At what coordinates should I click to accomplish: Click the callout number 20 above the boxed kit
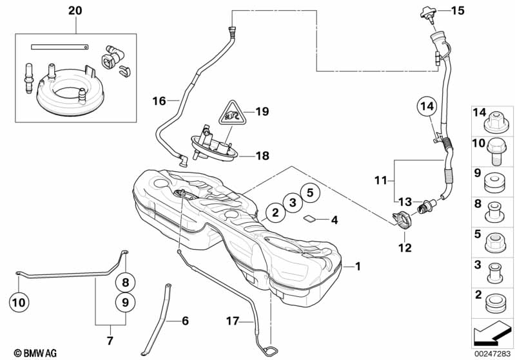[75, 10]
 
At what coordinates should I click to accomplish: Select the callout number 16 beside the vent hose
[159, 100]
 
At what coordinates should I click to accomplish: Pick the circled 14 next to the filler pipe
[427, 106]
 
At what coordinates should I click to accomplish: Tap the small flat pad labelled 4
[309, 218]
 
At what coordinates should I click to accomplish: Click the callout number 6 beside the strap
[185, 320]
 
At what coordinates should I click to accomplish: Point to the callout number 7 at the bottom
[109, 341]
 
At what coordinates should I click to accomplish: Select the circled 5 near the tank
[309, 191]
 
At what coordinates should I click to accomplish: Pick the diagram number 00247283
[493, 352]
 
